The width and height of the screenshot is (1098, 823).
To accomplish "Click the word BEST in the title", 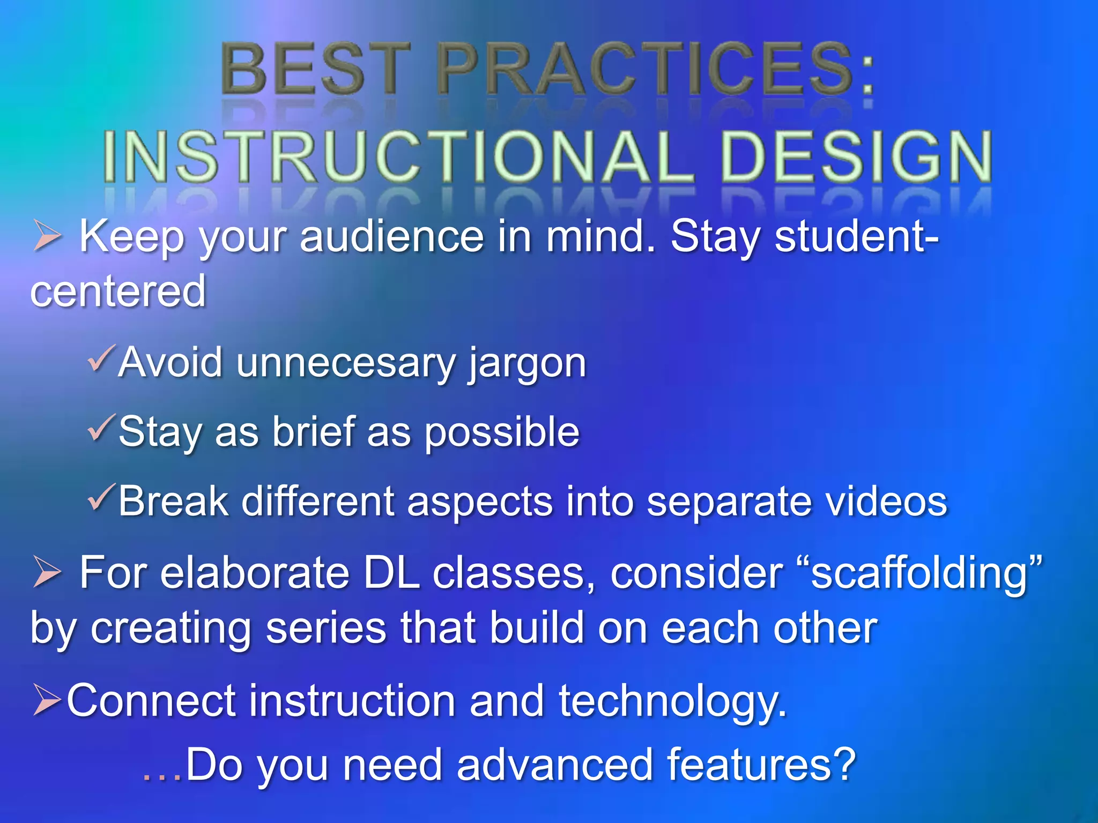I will click(x=316, y=70).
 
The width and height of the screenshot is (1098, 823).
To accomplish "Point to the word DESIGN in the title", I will click(x=856, y=156).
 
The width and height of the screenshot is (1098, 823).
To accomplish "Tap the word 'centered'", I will click(x=118, y=291).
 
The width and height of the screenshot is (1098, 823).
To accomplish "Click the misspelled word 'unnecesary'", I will click(x=346, y=363).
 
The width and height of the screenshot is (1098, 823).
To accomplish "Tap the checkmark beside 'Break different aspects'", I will click(x=101, y=497).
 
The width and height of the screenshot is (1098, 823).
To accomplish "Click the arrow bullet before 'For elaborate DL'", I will click(x=47, y=572).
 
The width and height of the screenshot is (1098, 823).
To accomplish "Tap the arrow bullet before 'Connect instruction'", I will click(x=47, y=700).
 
